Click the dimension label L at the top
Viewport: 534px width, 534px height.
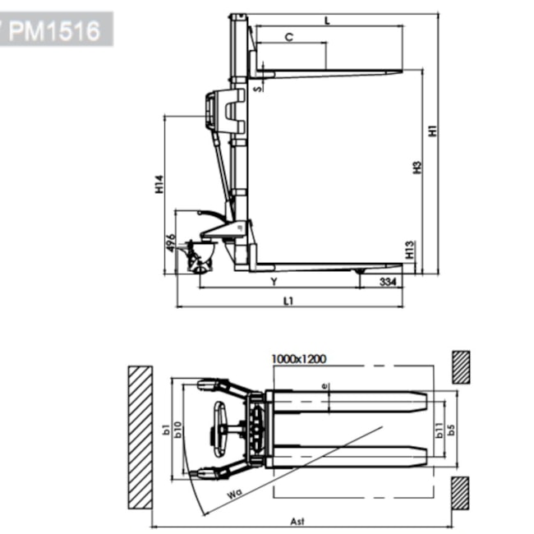[x=327, y=21]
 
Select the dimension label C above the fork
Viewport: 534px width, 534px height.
[x=289, y=37]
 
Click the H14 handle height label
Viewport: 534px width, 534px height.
[x=159, y=185]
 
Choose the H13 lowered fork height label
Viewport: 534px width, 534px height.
[x=408, y=249]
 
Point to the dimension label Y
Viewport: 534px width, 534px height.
[x=274, y=282]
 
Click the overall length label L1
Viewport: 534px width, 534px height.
[x=288, y=301]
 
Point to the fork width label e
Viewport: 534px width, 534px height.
[x=325, y=385]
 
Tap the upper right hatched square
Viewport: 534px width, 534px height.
[x=460, y=367]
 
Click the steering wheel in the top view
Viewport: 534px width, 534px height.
[x=220, y=427]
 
